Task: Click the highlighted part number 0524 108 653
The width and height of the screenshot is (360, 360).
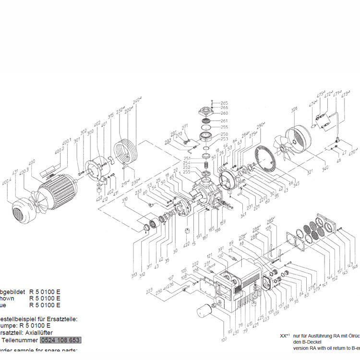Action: [60, 340]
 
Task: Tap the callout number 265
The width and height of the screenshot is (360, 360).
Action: [224, 103]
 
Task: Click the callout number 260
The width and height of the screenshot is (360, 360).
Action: [224, 113]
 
